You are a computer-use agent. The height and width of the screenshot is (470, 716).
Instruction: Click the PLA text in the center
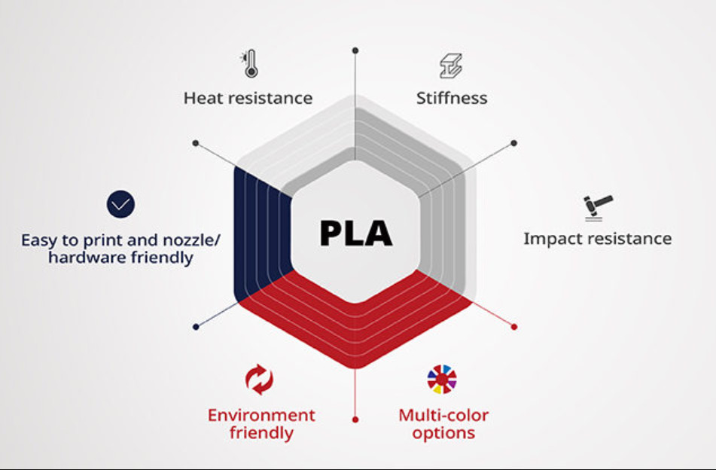[355, 233]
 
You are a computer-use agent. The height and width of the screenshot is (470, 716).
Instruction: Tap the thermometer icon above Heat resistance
[249, 64]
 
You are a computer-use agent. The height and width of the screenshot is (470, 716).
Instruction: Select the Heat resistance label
[248, 98]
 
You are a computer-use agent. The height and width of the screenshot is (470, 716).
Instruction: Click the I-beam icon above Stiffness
[451, 66]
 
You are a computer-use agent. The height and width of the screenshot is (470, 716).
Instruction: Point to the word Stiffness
[452, 98]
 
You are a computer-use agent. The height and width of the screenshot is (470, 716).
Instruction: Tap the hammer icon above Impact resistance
[598, 206]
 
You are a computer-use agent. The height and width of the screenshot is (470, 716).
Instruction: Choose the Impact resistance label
[597, 239]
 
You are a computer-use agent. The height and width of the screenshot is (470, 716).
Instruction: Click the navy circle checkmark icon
[120, 204]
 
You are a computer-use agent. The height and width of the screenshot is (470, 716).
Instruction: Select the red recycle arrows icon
[260, 379]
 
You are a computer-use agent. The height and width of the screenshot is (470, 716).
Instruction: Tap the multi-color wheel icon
[442, 379]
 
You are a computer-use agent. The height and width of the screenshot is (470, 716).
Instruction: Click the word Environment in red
[261, 415]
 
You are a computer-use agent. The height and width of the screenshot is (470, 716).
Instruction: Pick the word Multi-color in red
[443, 415]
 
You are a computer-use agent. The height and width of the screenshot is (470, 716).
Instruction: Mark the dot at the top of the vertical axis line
[355, 50]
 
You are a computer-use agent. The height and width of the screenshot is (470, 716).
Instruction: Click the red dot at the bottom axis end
[355, 420]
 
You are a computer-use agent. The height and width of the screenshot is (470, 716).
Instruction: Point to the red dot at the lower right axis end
[514, 327]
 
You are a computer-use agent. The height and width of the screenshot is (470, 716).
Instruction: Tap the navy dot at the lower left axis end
[196, 327]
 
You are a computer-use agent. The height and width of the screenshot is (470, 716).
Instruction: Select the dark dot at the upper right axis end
[514, 142]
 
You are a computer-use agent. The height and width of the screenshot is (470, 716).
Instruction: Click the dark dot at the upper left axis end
[196, 142]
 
